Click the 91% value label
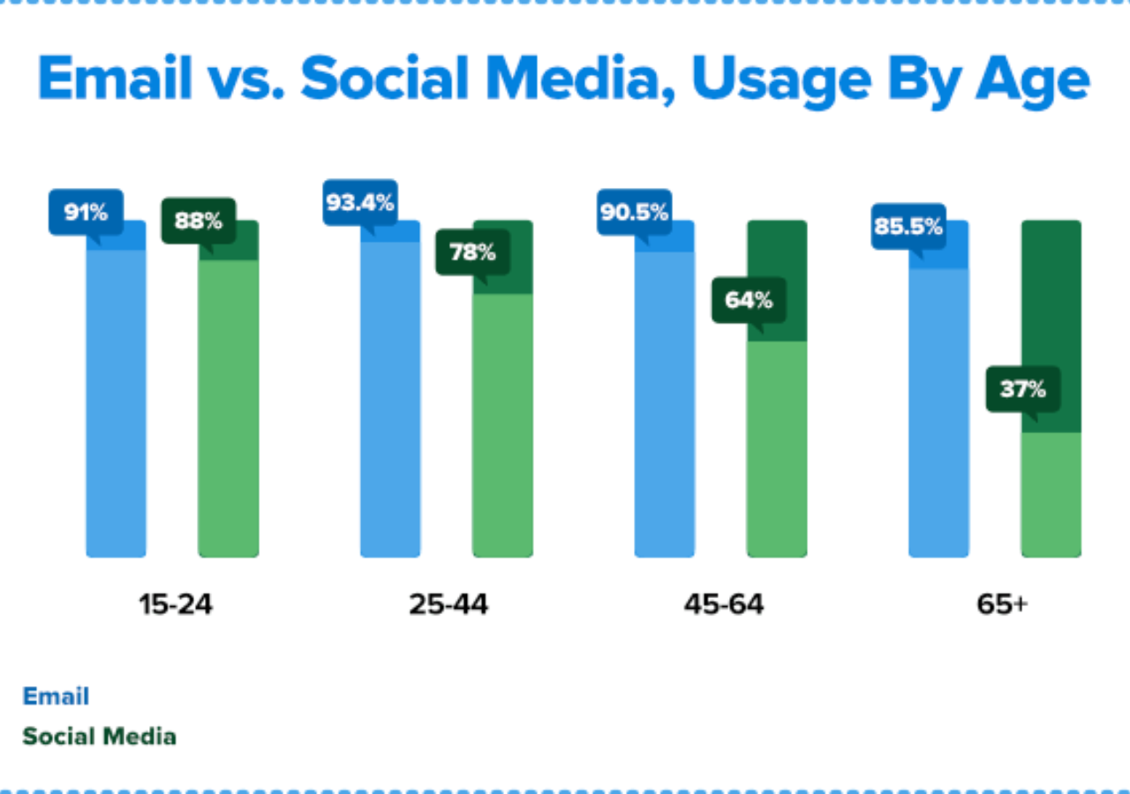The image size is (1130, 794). click(86, 213)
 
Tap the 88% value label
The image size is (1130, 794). click(198, 221)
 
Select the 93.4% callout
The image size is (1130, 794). click(359, 203)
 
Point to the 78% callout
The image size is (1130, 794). click(472, 252)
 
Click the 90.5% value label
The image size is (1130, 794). click(634, 213)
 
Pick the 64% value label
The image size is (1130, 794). click(749, 300)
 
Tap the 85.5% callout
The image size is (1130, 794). click(908, 227)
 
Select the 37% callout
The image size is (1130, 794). click(1022, 389)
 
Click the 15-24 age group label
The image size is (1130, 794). click(176, 605)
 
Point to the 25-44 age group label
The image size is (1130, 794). click(448, 605)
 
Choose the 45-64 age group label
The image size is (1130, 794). click(723, 605)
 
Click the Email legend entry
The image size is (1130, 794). click(56, 696)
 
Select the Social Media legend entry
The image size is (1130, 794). click(99, 736)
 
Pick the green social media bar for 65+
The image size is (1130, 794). click(1051, 494)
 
